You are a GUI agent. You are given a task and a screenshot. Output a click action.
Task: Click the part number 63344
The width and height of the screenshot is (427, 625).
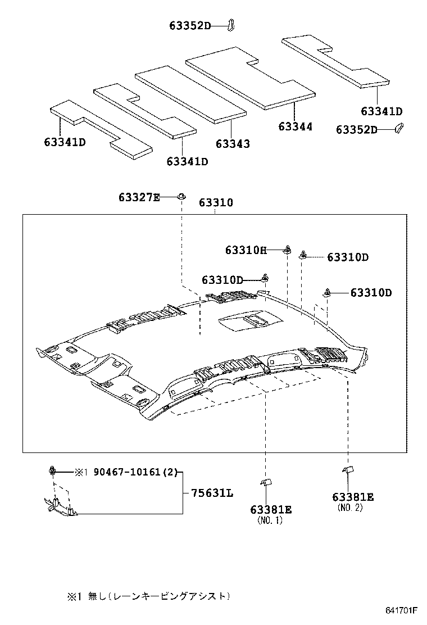point(295,126)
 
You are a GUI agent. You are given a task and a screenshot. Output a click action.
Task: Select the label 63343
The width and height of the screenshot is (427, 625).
point(232,144)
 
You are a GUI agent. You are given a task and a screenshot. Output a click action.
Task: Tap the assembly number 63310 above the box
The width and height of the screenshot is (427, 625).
point(215,202)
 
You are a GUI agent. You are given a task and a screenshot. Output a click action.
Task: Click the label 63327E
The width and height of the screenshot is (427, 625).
point(139,197)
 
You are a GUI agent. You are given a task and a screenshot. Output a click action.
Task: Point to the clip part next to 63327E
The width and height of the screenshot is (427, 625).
point(181,196)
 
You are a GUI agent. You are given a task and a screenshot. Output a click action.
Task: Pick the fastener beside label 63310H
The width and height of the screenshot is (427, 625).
point(287,250)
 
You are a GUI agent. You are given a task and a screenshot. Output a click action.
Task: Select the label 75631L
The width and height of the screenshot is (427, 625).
point(212,493)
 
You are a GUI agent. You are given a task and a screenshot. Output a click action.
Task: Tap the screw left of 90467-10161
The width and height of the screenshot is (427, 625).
point(53,470)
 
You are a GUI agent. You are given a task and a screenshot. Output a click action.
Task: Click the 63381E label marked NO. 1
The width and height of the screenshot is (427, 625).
point(271,509)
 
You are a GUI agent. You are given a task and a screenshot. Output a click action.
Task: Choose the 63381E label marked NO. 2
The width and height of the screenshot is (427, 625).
point(353,497)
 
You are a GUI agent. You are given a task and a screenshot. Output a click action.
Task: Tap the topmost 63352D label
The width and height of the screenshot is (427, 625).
point(190,25)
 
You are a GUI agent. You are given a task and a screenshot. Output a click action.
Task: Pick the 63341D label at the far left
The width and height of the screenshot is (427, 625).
point(64,142)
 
